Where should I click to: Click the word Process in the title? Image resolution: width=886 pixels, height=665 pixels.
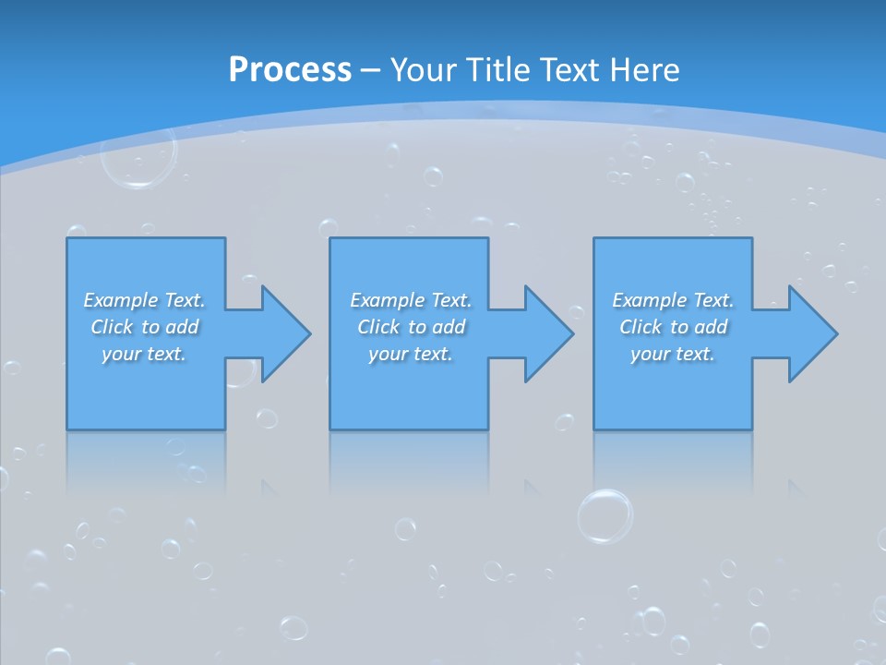pos(290,70)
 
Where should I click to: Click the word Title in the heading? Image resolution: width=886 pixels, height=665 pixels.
pos(496,70)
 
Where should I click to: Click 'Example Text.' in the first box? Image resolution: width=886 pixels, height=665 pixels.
pos(144,300)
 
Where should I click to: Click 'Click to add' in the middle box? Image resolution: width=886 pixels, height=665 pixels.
pos(411,327)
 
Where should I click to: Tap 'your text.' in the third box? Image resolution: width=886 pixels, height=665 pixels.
pos(672,354)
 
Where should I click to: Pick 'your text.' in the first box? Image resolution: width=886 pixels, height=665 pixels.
pos(144,354)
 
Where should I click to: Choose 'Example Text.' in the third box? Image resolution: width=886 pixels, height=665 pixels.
pos(673,300)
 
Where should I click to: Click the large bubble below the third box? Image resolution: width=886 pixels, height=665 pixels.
pos(605,515)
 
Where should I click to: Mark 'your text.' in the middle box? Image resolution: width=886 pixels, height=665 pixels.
pos(410,354)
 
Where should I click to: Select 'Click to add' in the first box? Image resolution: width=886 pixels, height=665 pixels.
pos(145,327)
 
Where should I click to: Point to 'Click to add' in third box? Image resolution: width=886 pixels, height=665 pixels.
pos(674,327)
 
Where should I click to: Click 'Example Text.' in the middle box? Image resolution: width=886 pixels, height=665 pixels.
pos(411,300)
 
